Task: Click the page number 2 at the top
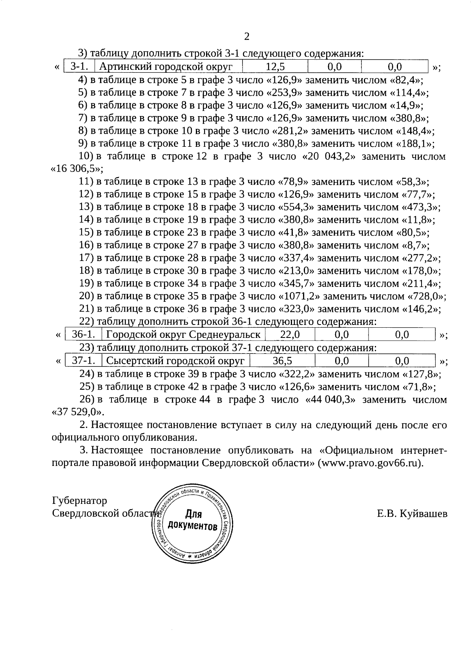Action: coord(246,36)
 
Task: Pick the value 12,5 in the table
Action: coord(275,67)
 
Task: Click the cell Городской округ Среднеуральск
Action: coord(183,335)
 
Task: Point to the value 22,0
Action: coord(290,335)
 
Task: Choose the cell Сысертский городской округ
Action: coord(176,361)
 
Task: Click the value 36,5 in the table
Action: coord(282,361)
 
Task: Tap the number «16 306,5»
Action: coord(76,169)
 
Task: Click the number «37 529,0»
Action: coord(78,412)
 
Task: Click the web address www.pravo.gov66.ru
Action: coord(370,463)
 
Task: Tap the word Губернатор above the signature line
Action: coord(79,501)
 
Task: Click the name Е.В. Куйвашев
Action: coord(412,514)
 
